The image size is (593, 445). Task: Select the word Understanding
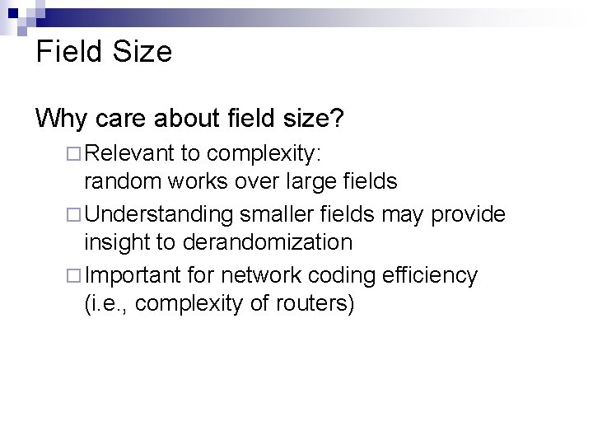(x=159, y=214)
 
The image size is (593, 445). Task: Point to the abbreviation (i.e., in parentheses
(x=106, y=304)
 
